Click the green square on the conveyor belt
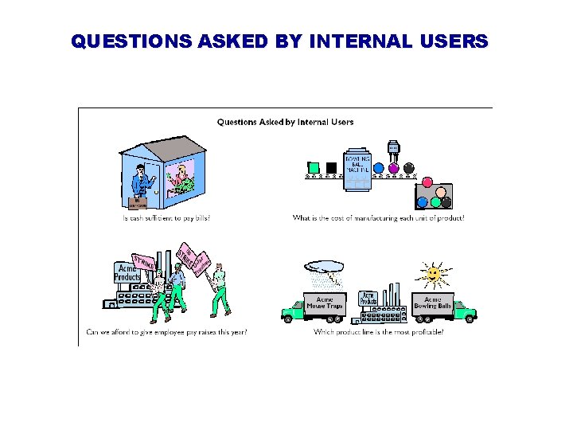tap(314, 168)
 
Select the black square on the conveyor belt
tap(331, 168)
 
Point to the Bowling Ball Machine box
tap(357, 168)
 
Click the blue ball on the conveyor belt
tap(379, 168)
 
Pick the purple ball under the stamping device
tap(393, 168)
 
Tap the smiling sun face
tap(432, 275)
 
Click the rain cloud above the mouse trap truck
tap(325, 267)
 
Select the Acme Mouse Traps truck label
tap(325, 303)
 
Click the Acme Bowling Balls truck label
tap(432, 303)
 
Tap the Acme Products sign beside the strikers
tap(127, 273)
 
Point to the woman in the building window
tap(185, 179)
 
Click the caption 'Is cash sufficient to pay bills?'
tap(166, 217)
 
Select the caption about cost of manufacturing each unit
tap(379, 217)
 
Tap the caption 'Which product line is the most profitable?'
tap(379, 331)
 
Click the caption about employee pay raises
tap(166, 331)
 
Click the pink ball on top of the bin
tap(427, 182)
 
